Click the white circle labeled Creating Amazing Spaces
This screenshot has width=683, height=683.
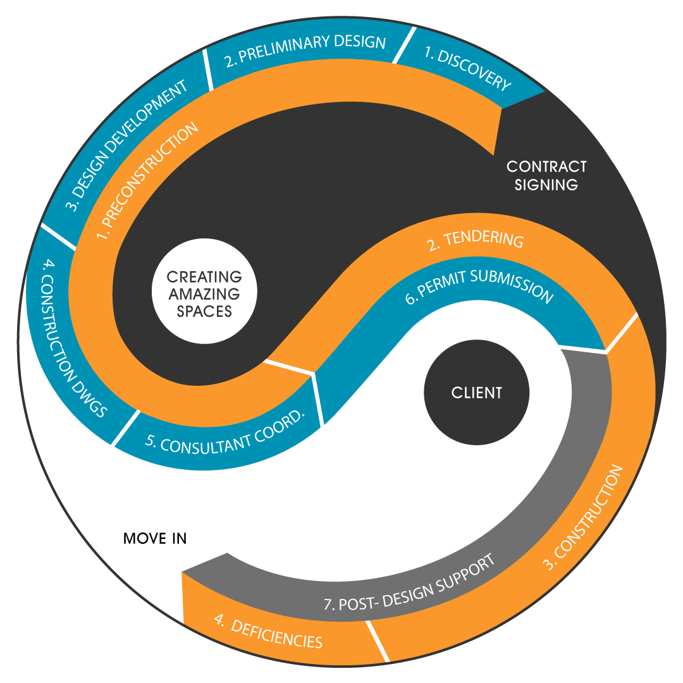pos(204,294)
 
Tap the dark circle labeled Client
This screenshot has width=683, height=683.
pos(476,392)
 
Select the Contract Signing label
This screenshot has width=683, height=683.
pos(546,175)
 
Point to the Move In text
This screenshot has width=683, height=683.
pos(155,539)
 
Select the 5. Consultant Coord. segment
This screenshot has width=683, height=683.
pos(225,436)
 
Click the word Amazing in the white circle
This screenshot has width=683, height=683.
pos(204,294)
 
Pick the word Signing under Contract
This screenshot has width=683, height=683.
pos(546,185)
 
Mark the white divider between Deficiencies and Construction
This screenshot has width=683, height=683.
pos(377,639)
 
